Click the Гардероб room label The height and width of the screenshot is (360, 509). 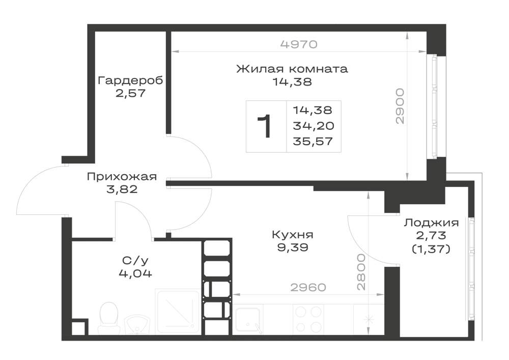tap(130, 80)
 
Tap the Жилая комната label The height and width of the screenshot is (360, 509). tap(292, 69)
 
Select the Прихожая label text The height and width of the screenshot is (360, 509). tap(122, 177)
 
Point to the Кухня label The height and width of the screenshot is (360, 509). tap(293, 234)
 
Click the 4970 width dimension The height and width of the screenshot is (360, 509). tap(299, 44)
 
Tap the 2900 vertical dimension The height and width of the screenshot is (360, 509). tap(400, 106)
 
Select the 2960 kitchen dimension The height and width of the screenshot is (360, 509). tap(308, 287)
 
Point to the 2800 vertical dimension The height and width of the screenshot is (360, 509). tap(361, 272)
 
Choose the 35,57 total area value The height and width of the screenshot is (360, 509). tap(313, 141)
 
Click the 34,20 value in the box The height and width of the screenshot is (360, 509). tap(313, 126)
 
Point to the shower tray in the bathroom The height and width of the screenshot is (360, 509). tap(177, 311)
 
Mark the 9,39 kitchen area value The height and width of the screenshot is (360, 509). tap(293, 247)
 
